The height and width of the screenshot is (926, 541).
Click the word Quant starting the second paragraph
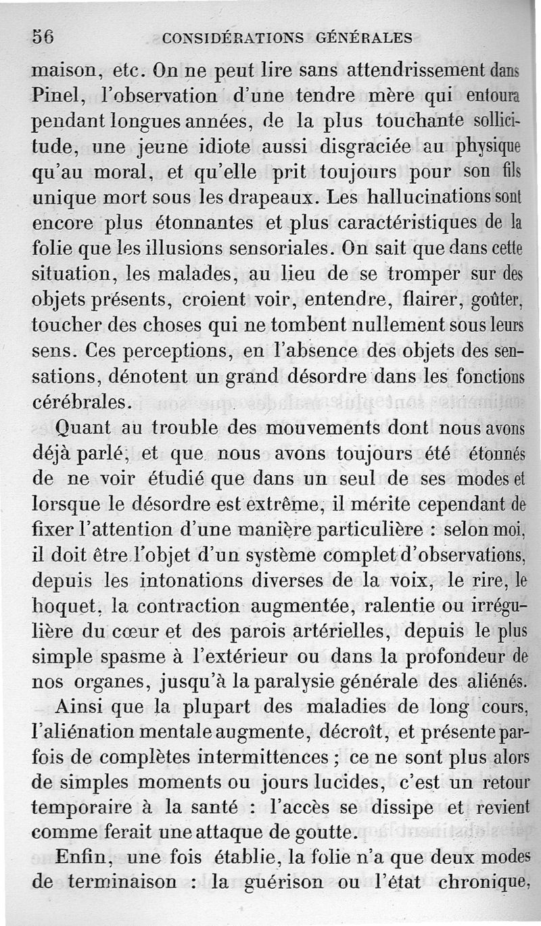click(79, 429)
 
